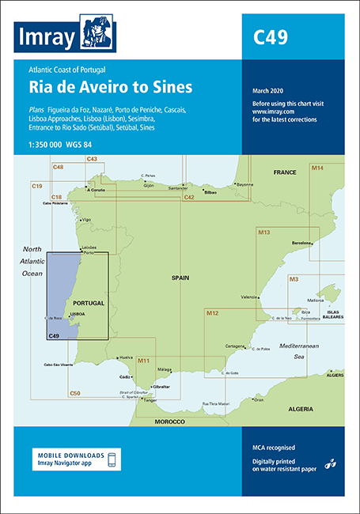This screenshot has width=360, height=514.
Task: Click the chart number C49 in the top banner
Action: (270, 36)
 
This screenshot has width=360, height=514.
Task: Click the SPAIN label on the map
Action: (184, 278)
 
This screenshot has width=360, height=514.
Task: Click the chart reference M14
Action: (318, 168)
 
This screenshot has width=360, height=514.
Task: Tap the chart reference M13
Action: (264, 232)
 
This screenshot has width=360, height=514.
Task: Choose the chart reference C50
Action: (74, 393)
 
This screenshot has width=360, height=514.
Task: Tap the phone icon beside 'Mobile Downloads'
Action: (112, 460)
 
